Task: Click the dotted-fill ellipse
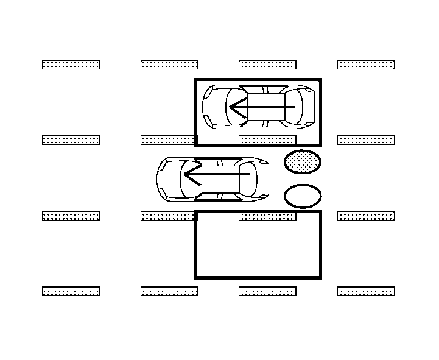pos(303,162)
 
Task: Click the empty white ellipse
pos(303,196)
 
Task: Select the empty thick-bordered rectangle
pos(258,245)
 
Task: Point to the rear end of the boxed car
pos(309,107)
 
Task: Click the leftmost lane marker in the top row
pos(71,65)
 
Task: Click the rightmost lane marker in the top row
pos(366,65)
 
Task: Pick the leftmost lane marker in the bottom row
pos(71,291)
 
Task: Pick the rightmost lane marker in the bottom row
pos(366,291)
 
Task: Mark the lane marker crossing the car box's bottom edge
pos(267,141)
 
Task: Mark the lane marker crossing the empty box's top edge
pos(267,216)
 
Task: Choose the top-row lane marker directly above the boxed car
pos(267,65)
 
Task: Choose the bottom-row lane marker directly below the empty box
pos(267,291)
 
